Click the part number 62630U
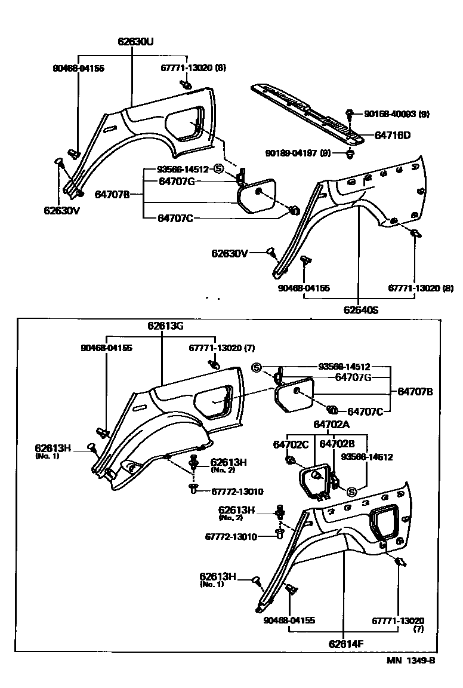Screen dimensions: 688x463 click(x=136, y=42)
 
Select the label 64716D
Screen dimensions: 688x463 click(x=392, y=135)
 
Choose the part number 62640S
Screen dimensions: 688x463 click(x=361, y=310)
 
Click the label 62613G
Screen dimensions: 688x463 click(x=165, y=326)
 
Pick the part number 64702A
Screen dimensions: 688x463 click(x=328, y=424)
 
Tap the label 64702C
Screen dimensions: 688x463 click(x=291, y=444)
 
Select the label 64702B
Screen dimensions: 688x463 click(x=337, y=444)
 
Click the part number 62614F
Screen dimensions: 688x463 click(x=345, y=644)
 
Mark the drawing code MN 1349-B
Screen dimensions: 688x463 click(x=411, y=661)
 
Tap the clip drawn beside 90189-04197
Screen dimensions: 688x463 click(x=348, y=155)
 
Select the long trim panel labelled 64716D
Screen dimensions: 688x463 click(x=307, y=110)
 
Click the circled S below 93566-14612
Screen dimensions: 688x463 click(x=351, y=492)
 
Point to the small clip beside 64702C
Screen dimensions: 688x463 click(x=289, y=460)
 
